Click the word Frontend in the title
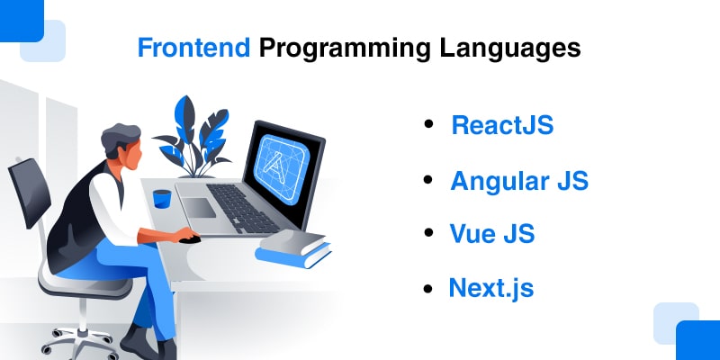coord(193,48)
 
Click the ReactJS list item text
coord(502,125)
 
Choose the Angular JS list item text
coord(519,180)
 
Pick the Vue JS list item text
coord(492,234)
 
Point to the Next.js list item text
coord(491,288)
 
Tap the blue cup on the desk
coord(162,198)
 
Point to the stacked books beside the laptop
coord(292,247)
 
